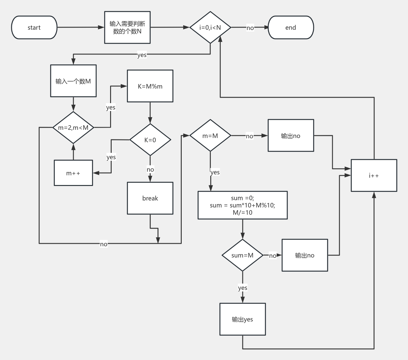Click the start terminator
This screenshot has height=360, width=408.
[x=34, y=28]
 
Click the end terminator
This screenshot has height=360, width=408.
[x=291, y=28]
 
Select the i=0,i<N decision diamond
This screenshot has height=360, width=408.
[x=210, y=28]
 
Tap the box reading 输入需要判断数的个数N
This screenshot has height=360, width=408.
[x=127, y=28]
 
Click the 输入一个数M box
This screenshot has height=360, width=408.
[x=73, y=81]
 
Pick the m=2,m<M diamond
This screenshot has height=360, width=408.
[x=73, y=128]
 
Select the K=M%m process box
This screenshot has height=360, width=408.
[x=150, y=86]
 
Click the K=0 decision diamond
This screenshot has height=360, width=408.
[x=150, y=140]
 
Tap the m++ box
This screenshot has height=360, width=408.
[x=73, y=173]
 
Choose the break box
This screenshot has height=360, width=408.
[x=150, y=198]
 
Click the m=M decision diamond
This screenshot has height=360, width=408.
[x=210, y=136]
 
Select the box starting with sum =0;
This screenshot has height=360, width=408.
[x=242, y=205]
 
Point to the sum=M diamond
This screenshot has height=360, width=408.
[x=242, y=255]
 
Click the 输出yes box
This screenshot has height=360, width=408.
[x=242, y=319]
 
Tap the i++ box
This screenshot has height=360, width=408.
[x=374, y=176]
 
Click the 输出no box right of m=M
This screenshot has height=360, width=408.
[x=291, y=136]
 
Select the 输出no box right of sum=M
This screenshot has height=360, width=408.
[x=305, y=255]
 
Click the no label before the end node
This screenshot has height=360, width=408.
[x=250, y=28]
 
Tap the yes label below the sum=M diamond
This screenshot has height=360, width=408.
[x=243, y=288]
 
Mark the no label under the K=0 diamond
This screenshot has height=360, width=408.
[x=150, y=170]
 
